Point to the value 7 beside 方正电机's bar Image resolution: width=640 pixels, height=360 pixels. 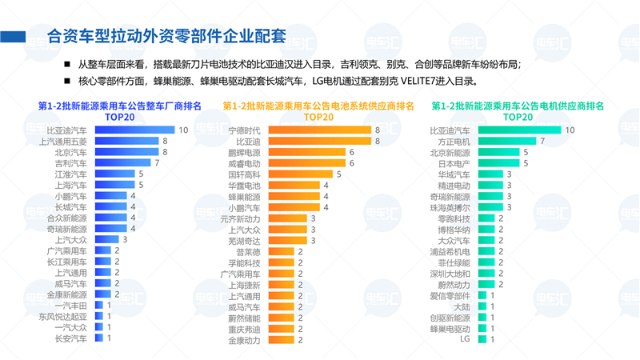(x=543, y=141)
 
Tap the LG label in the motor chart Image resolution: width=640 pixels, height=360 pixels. (x=465, y=339)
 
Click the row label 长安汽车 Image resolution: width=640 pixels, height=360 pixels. (x=70, y=338)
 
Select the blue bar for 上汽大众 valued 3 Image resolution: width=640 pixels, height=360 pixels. (x=105, y=239)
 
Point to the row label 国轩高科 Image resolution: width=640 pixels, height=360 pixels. (x=244, y=174)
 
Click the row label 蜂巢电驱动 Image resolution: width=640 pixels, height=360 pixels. (x=450, y=328)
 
